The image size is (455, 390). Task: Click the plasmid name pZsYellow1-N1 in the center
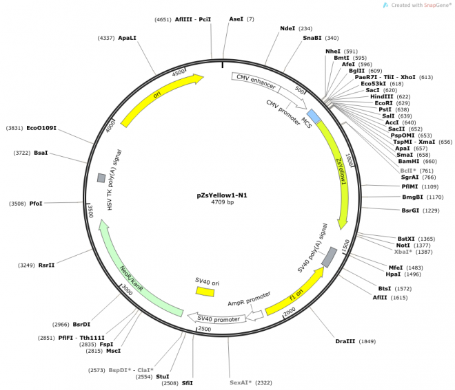222,195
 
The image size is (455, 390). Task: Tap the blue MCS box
314,116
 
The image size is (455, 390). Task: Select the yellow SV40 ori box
205,292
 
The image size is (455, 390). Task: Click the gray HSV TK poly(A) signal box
101,177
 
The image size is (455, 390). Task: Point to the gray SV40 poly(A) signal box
330,257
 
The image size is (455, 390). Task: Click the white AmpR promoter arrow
255,315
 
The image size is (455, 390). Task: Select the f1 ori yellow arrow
295,291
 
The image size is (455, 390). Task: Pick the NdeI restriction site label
287,28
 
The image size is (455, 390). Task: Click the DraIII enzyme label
345,341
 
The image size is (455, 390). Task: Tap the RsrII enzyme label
46,266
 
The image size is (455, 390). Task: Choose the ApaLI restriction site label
127,38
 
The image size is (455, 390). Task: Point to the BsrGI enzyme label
410,210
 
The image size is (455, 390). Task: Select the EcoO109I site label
41,128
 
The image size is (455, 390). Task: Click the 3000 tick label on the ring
127,290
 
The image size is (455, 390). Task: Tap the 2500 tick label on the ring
205,329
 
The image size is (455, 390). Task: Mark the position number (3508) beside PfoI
17,204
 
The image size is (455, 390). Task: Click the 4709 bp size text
222,202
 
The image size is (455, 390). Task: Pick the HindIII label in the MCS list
382,97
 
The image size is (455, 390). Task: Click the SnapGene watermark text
421,5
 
